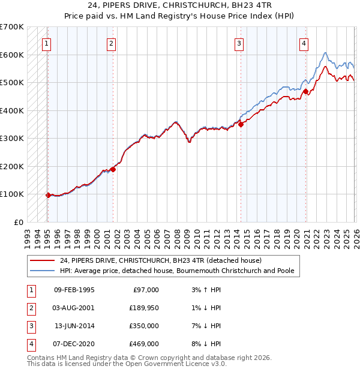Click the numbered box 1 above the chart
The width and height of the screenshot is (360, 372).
(x=47, y=43)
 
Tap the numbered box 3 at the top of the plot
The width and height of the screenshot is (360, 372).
(x=239, y=43)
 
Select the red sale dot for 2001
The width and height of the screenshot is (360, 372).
(x=113, y=169)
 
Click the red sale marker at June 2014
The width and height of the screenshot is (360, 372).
(x=241, y=124)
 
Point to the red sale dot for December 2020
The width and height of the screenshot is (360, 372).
(x=305, y=91)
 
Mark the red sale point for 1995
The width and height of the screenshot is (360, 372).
(x=48, y=195)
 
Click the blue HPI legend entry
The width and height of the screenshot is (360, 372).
(x=176, y=271)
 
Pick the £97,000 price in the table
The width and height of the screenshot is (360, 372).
(x=145, y=289)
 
